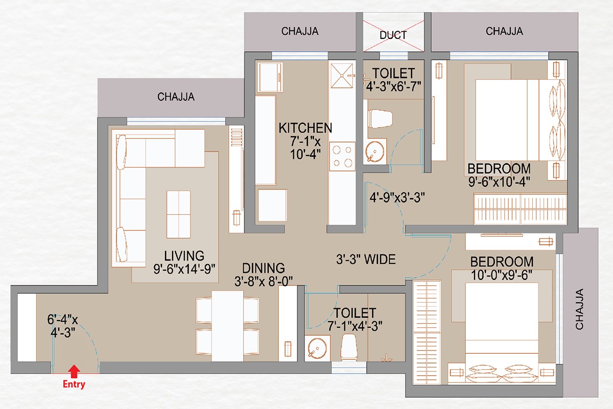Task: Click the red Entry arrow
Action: point(74,371)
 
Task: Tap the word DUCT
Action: point(393,35)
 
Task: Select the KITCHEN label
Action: point(305,128)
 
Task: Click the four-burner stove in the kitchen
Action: point(342,156)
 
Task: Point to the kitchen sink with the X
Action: point(342,76)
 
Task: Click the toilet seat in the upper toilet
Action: point(380,119)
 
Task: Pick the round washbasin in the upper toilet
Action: point(375,151)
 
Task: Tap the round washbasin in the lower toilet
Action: point(317,348)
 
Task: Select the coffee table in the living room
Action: point(178,214)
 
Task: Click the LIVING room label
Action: point(184,256)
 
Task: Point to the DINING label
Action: point(263,268)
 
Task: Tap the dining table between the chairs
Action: point(227,326)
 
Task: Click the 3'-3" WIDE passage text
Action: point(366,259)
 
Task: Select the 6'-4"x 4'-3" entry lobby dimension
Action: point(63,326)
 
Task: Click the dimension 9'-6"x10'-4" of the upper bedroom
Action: point(499,182)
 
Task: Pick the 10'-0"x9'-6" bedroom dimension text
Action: point(502,275)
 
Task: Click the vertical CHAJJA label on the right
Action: point(579,309)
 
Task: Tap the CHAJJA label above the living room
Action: point(176,97)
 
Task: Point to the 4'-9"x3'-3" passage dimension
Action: point(397,197)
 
